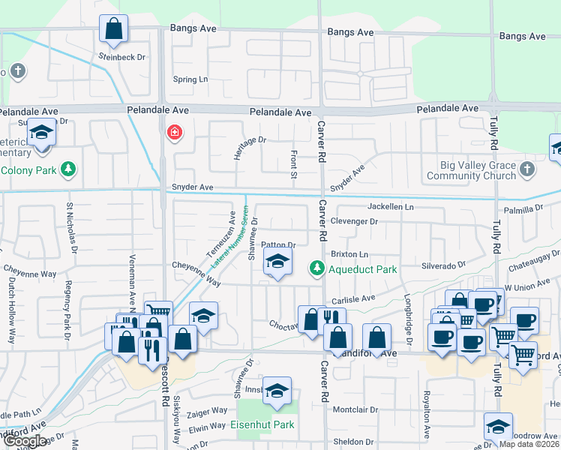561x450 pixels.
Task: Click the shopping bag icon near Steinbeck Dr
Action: (113, 29)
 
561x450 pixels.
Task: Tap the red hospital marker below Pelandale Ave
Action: (175, 133)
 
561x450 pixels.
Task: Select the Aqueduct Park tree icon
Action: (317, 268)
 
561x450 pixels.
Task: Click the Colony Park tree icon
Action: (69, 169)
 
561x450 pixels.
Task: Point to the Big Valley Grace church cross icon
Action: (527, 169)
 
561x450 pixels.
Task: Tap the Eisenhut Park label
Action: (262, 424)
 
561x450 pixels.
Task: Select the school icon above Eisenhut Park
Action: (277, 390)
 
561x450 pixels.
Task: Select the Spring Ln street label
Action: (190, 79)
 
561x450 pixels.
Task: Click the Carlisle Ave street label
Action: (353, 298)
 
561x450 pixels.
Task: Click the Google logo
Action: (25, 441)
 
